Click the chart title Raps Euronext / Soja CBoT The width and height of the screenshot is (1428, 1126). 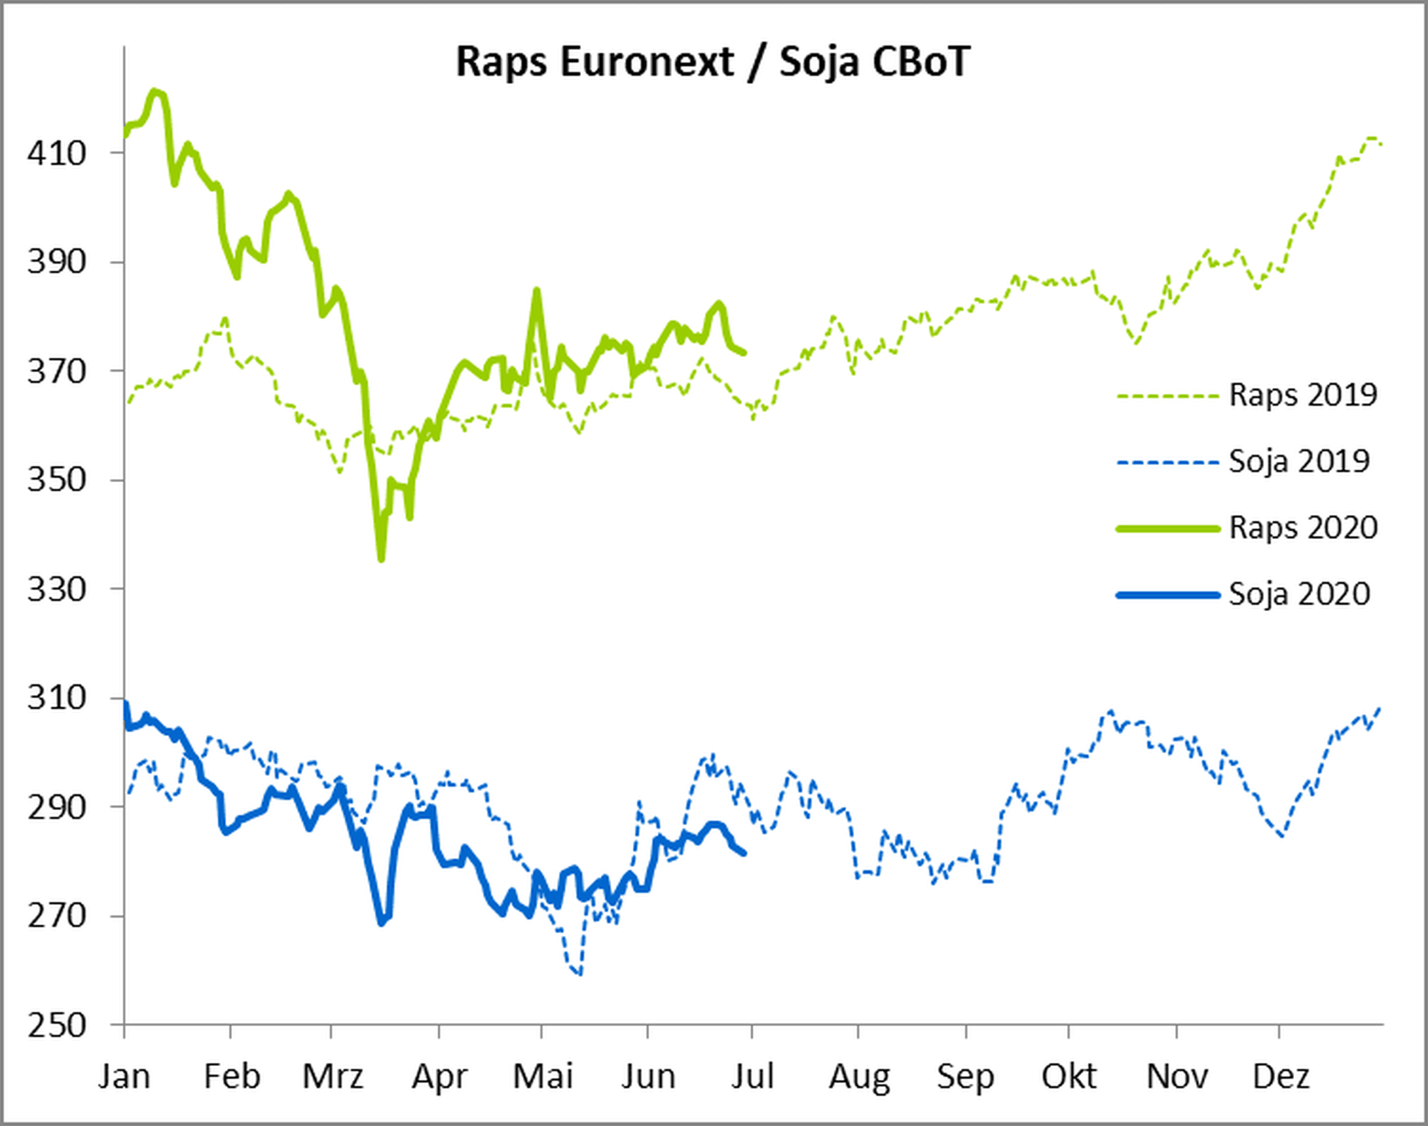[x=713, y=63]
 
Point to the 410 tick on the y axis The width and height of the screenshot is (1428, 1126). [x=57, y=154]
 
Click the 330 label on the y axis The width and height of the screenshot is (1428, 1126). [x=57, y=589]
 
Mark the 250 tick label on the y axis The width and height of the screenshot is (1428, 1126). [x=57, y=1026]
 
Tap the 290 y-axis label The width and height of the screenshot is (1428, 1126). [x=57, y=807]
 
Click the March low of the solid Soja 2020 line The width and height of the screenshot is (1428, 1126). [x=381, y=923]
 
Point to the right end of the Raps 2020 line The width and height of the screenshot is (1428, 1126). [x=744, y=353]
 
